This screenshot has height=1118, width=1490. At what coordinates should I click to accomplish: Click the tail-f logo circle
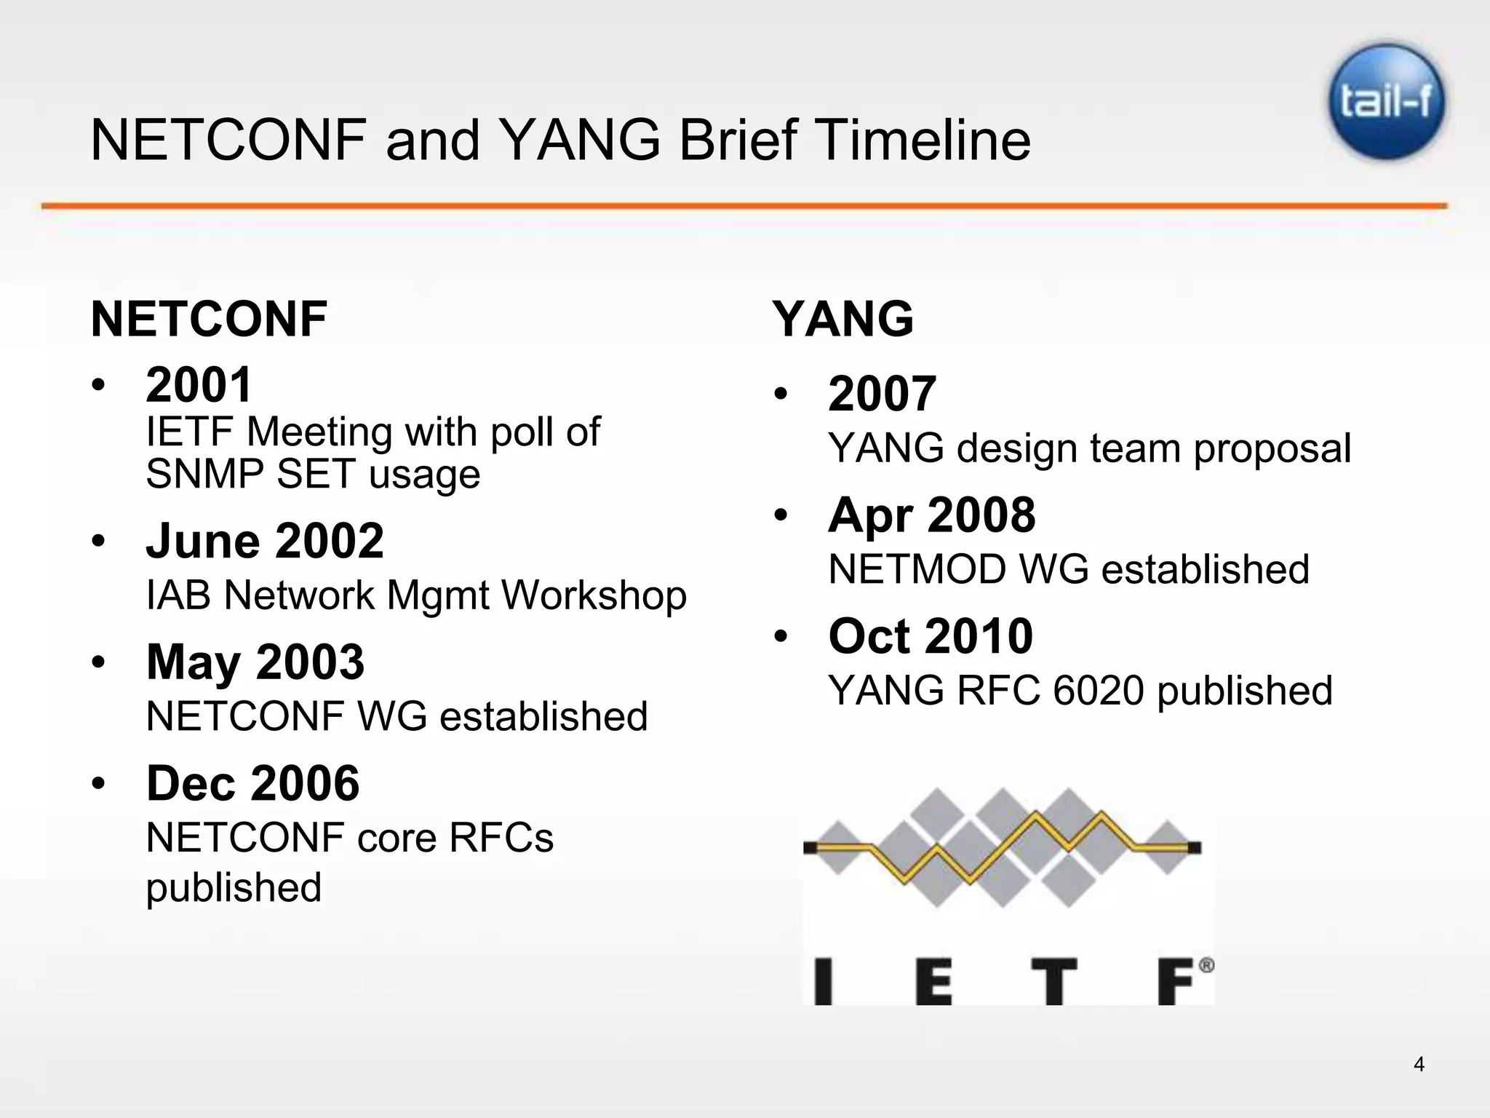pyautogui.click(x=1387, y=101)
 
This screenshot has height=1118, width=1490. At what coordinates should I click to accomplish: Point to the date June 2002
pyautogui.click(x=265, y=541)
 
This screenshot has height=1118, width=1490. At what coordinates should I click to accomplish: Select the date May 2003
pyautogui.click(x=255, y=662)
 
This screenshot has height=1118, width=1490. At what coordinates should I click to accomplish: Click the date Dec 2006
pyautogui.click(x=252, y=783)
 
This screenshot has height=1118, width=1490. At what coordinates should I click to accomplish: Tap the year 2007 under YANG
pyautogui.click(x=882, y=394)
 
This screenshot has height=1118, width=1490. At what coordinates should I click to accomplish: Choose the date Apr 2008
pyautogui.click(x=931, y=515)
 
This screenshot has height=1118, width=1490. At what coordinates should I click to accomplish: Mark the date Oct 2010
pyautogui.click(x=931, y=635)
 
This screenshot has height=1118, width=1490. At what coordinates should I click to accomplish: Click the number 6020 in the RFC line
pyautogui.click(x=1099, y=690)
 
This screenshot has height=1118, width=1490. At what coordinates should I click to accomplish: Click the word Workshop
pyautogui.click(x=594, y=595)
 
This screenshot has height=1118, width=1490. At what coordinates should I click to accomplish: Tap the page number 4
pyautogui.click(x=1419, y=1064)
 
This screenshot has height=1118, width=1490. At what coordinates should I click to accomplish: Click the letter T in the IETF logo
pyautogui.click(x=1053, y=982)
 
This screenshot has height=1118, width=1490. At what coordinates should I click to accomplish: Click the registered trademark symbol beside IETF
pyautogui.click(x=1206, y=966)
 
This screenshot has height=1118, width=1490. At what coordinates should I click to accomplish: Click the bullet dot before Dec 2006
pyautogui.click(x=99, y=784)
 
